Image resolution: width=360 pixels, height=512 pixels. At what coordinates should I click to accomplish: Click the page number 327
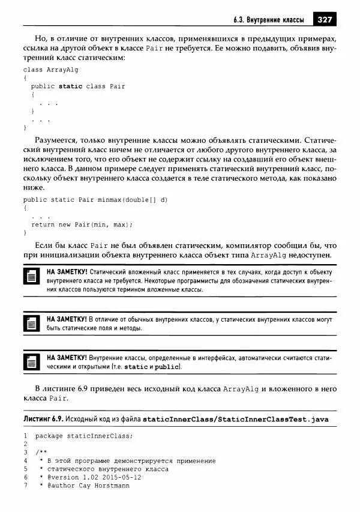(x=324, y=18)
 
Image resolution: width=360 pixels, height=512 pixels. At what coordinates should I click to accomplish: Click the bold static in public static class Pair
(x=71, y=86)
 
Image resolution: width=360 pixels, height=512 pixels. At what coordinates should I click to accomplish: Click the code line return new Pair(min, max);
(x=82, y=224)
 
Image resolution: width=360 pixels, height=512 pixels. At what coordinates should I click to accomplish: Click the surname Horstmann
(x=109, y=486)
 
